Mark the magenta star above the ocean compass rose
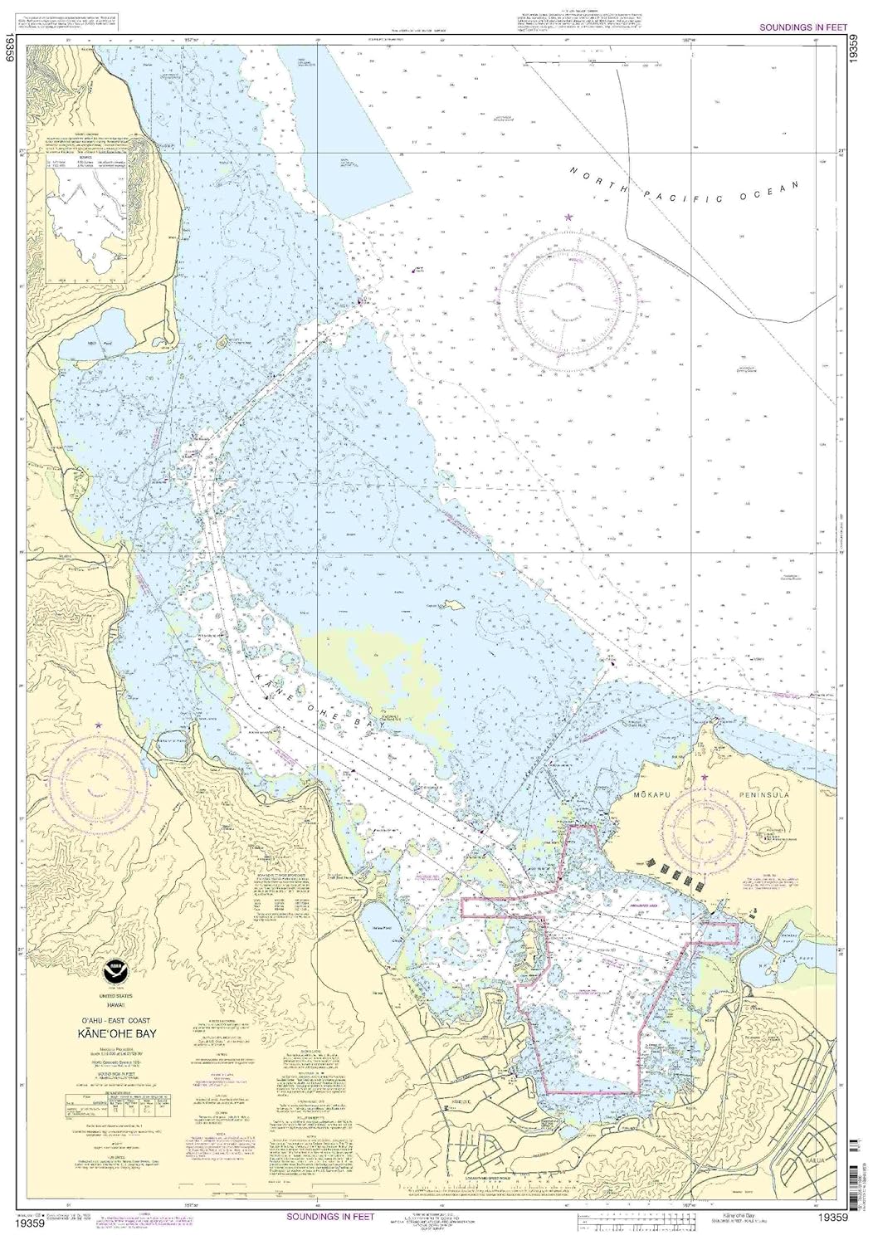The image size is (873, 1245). tap(568, 217)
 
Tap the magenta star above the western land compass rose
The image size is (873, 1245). tap(99, 725)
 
